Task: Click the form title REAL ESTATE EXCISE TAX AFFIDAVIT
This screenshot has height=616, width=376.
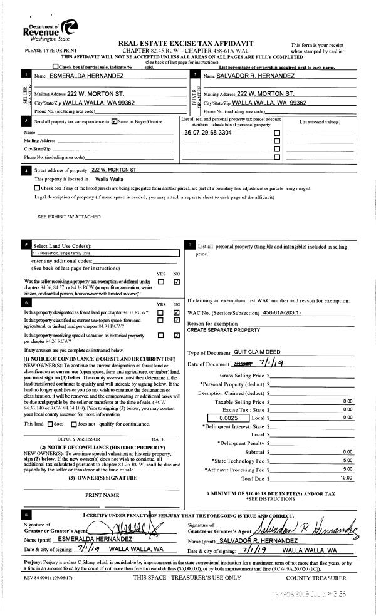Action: tap(191, 42)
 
